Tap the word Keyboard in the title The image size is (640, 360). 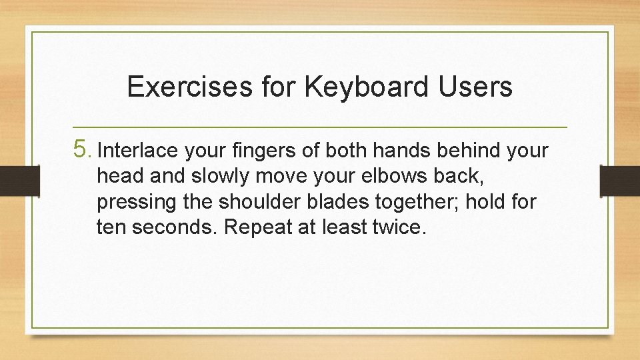[x=355, y=87]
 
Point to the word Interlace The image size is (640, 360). [x=138, y=151]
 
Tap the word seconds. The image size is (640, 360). [x=175, y=227]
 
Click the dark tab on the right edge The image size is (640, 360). [x=620, y=181]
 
